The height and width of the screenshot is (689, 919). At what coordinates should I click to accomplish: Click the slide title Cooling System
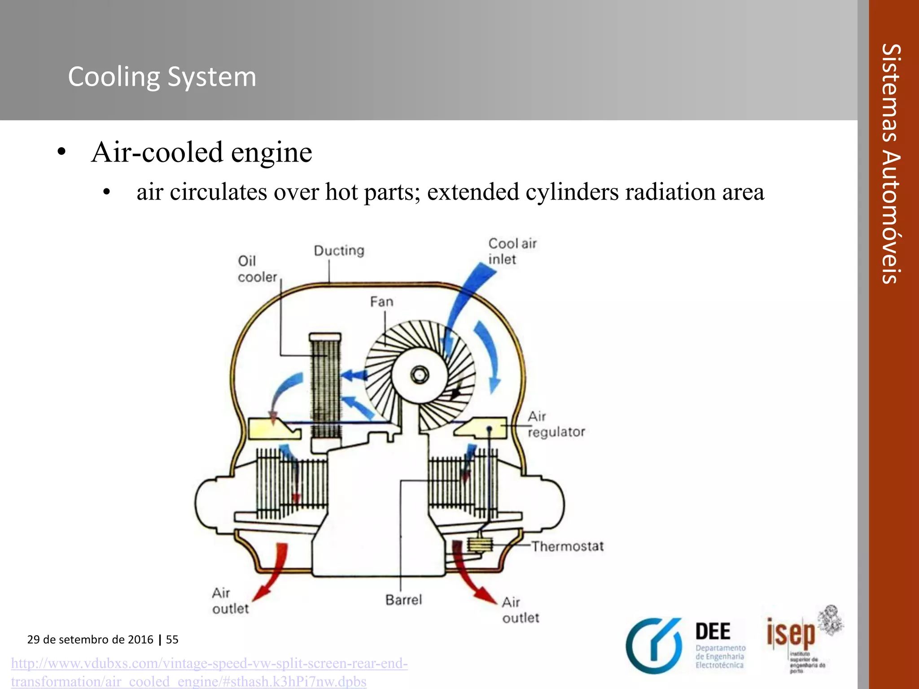click(162, 77)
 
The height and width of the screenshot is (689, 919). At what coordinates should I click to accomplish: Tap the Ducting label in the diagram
click(339, 250)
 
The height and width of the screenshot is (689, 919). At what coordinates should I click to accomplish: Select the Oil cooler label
click(257, 269)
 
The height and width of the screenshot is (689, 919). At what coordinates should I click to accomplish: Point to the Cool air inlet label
click(512, 252)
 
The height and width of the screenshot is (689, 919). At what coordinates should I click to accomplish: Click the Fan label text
click(381, 302)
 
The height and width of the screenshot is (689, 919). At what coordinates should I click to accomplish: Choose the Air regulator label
click(556, 424)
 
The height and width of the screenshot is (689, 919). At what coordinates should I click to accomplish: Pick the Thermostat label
click(568, 546)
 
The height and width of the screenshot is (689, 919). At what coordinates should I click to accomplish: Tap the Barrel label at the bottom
click(403, 600)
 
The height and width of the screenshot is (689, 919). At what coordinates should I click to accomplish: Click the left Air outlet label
click(230, 601)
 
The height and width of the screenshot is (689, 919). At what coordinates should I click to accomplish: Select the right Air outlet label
click(520, 610)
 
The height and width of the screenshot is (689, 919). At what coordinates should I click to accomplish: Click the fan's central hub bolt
click(420, 375)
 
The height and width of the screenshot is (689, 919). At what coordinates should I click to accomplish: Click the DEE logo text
click(713, 632)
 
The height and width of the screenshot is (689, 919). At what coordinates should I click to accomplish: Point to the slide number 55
click(172, 640)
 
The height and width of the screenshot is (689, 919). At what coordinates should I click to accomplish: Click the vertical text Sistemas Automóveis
click(891, 164)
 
